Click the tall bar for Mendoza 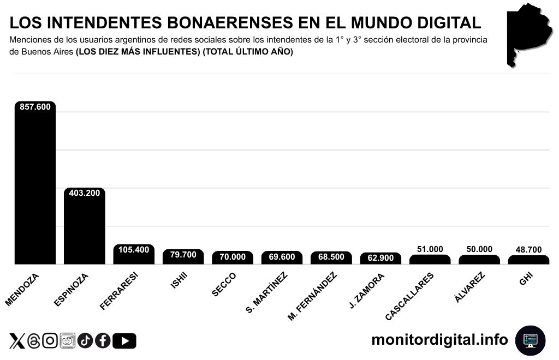click(35, 185)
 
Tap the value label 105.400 click(134, 250)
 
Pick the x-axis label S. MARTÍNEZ click(266, 293)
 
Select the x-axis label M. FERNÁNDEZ click(312, 296)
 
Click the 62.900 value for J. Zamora click(380, 258)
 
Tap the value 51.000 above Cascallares click(430, 249)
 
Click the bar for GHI click(528, 260)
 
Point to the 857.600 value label click(35, 107)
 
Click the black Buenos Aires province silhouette click(527, 33)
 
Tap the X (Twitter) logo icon click(17, 341)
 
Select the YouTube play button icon click(125, 341)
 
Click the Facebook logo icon click(103, 341)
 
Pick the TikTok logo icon click(85, 341)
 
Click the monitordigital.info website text click(439, 340)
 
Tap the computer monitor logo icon click(530, 340)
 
